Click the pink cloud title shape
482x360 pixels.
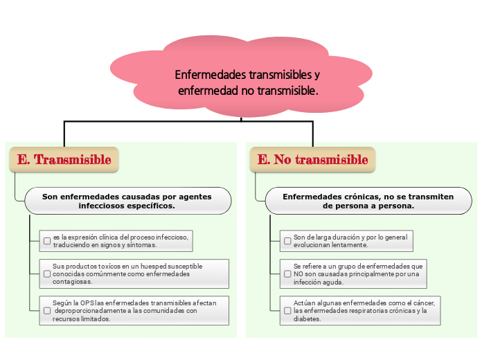[241, 76]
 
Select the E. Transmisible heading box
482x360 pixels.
[64, 159]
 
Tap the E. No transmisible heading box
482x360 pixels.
[312, 159]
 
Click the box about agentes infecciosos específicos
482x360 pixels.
[128, 201]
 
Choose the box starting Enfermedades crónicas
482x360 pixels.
[368, 201]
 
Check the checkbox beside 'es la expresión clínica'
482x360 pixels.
[47, 241]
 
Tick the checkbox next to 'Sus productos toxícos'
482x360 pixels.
[47, 273]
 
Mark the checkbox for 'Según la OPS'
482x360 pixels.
[47, 311]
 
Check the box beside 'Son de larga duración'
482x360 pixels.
[287, 241]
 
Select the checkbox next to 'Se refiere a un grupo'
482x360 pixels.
[287, 273]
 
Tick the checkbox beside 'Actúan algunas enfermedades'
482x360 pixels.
[287, 311]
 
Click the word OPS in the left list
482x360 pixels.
[87, 303]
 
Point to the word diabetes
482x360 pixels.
[307, 318]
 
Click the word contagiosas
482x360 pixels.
[72, 282]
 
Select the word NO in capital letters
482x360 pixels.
[298, 274]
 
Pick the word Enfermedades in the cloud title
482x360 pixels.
[211, 75]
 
